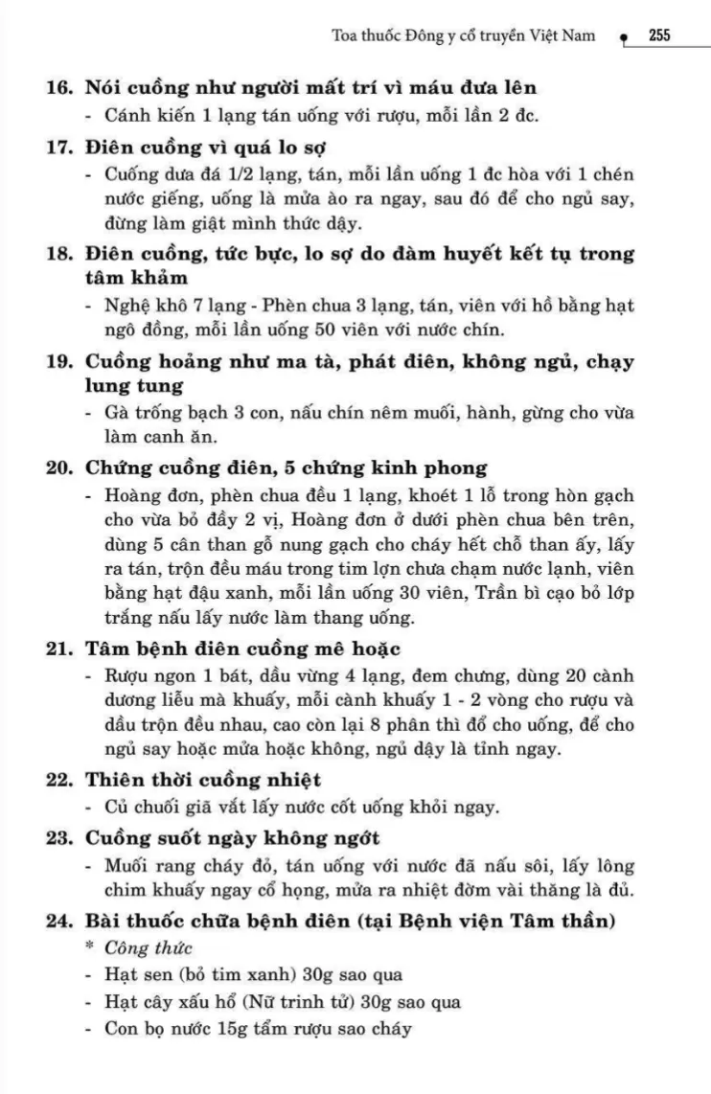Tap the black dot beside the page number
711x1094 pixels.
[624, 39]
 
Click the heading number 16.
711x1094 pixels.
[60, 88]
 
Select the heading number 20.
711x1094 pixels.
[60, 468]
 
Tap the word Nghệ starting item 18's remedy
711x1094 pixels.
[132, 308]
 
